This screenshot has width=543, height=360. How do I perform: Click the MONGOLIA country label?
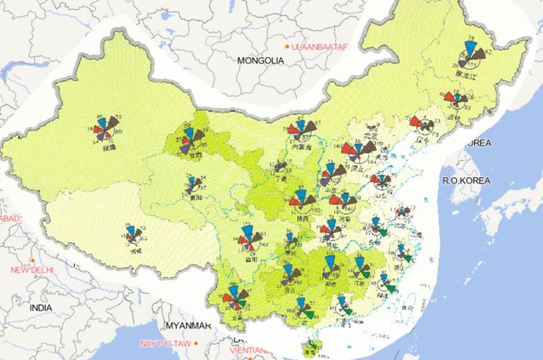click(x=260, y=61)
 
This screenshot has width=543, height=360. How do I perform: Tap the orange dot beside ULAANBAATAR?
click(x=286, y=47)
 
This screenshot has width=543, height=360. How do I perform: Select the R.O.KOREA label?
click(x=466, y=181)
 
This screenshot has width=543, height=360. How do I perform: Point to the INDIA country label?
click(x=40, y=308)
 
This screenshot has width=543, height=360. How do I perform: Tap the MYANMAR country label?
click(x=188, y=325)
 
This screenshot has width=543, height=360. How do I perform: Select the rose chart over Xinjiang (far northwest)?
click(x=108, y=129)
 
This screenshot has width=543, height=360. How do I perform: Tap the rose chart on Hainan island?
click(x=310, y=346)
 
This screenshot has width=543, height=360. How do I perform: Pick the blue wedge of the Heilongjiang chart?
click(x=469, y=50)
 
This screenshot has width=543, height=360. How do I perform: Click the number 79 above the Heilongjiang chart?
click(x=469, y=38)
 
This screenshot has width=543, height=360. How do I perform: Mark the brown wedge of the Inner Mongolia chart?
click(x=310, y=127)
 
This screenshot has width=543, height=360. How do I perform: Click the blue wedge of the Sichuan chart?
click(x=247, y=233)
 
